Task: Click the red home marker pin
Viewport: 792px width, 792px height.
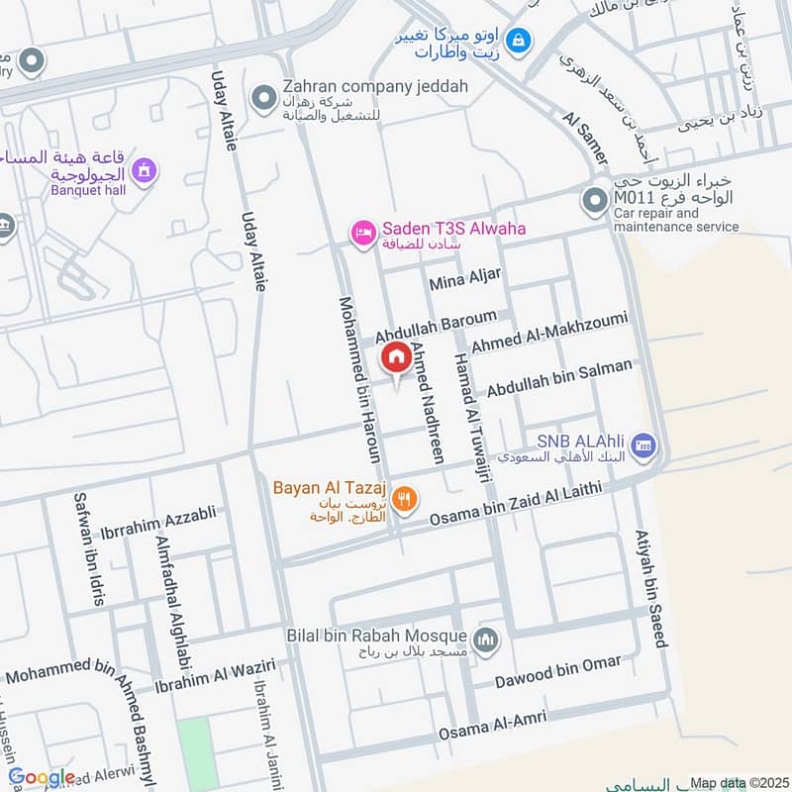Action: pyautogui.click(x=396, y=357)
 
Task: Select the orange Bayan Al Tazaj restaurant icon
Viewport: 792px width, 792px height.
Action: pyautogui.click(x=403, y=500)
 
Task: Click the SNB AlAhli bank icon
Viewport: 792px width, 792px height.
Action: pyautogui.click(x=643, y=446)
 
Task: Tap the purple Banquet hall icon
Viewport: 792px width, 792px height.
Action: pyautogui.click(x=146, y=171)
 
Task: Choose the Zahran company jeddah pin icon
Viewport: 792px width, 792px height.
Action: pyautogui.click(x=263, y=97)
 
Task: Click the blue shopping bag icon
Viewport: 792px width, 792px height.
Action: pyautogui.click(x=517, y=41)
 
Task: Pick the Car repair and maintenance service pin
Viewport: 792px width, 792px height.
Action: pyautogui.click(x=594, y=201)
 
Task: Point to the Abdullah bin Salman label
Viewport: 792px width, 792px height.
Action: pyautogui.click(x=558, y=378)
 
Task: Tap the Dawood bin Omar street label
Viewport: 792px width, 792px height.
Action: pyautogui.click(x=560, y=670)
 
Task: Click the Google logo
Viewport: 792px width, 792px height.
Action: pyautogui.click(x=42, y=777)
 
